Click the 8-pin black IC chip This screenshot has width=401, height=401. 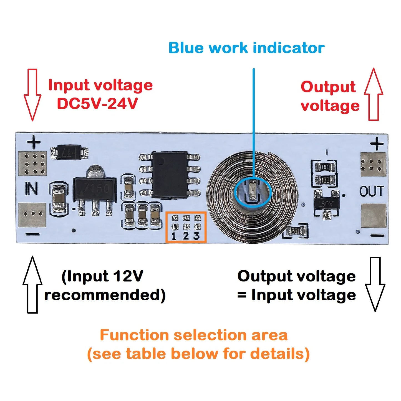point(170,175)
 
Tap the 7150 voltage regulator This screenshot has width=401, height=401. point(94,190)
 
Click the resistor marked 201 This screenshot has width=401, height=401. point(295,231)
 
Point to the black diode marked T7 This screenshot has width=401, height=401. point(69,152)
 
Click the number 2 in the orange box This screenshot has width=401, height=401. point(186,236)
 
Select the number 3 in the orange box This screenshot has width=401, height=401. point(196,236)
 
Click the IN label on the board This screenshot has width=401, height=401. point(32,189)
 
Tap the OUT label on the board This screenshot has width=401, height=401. point(372,191)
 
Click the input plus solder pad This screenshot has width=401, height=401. point(32,164)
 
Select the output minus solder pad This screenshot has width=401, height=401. point(374,216)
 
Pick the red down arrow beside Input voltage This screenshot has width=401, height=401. point(32,94)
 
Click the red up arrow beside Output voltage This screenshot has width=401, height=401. point(374,94)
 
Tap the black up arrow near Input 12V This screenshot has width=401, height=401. point(32,284)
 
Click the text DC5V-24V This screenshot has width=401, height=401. point(97,104)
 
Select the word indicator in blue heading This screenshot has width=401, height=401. point(289,48)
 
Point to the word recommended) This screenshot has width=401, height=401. point(105,295)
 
